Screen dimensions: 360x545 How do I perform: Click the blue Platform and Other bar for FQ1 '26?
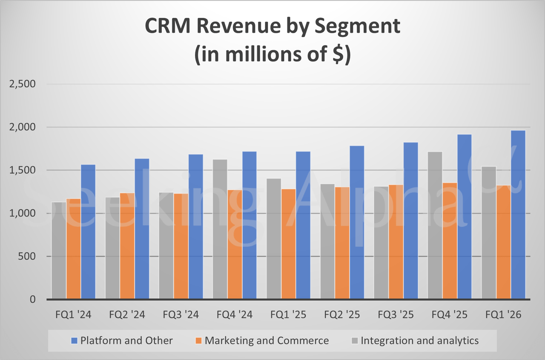point(518,215)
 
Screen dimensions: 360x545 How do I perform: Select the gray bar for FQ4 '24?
point(220,230)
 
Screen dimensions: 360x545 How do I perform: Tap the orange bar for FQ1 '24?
point(74,249)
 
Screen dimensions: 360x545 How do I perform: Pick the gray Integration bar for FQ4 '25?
point(435,226)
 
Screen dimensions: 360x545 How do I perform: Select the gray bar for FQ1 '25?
point(274,239)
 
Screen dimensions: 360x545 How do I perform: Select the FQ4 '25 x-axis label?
point(449,315)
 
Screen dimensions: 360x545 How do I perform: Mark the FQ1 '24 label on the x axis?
point(73,315)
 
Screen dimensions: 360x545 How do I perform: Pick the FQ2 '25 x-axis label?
point(342,315)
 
